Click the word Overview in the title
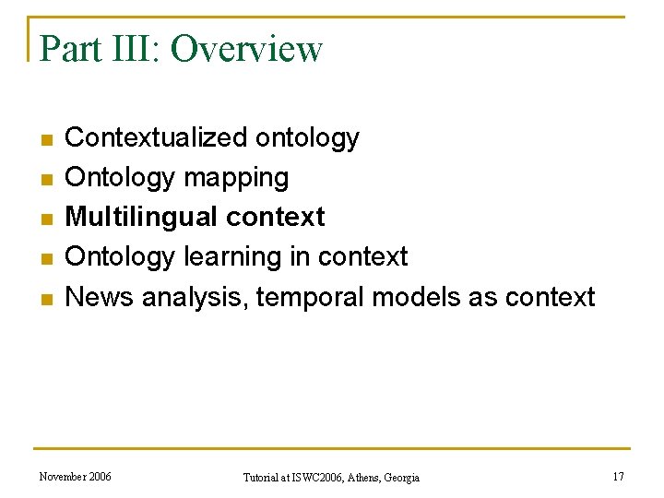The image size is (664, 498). pos(246,48)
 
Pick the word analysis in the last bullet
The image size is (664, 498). pos(191,297)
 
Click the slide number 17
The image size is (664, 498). pos(618,477)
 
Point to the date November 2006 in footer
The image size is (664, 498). pos(75,477)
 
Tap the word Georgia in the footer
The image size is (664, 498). pos(401,478)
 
